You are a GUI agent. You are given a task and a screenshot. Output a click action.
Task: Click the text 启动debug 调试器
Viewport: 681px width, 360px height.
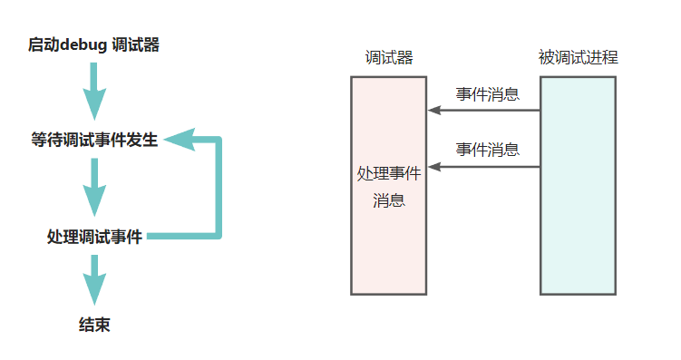click(x=93, y=44)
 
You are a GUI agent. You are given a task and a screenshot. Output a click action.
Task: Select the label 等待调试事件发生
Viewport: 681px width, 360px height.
click(x=94, y=141)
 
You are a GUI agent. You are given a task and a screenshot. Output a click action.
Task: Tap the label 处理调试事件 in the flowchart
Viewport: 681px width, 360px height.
click(x=94, y=238)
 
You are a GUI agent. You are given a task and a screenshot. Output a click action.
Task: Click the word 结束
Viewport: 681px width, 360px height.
click(x=94, y=325)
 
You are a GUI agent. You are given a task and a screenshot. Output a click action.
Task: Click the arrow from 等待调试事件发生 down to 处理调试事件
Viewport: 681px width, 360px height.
click(x=94, y=188)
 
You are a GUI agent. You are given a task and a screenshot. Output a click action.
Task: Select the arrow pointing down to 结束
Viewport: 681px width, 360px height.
click(x=94, y=279)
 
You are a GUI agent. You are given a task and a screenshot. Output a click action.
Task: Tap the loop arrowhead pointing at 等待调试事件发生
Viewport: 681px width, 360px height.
click(x=177, y=141)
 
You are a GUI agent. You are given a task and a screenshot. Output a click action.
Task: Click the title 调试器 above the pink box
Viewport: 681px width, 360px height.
click(x=388, y=58)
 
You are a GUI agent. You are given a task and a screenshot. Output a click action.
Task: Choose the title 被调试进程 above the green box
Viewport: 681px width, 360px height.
click(x=578, y=58)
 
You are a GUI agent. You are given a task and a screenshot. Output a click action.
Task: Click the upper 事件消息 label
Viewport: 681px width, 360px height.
click(x=487, y=94)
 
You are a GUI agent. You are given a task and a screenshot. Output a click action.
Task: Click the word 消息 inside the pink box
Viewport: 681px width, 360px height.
click(x=388, y=199)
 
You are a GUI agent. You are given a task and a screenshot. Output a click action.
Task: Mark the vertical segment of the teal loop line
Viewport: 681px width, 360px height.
click(x=218, y=189)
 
